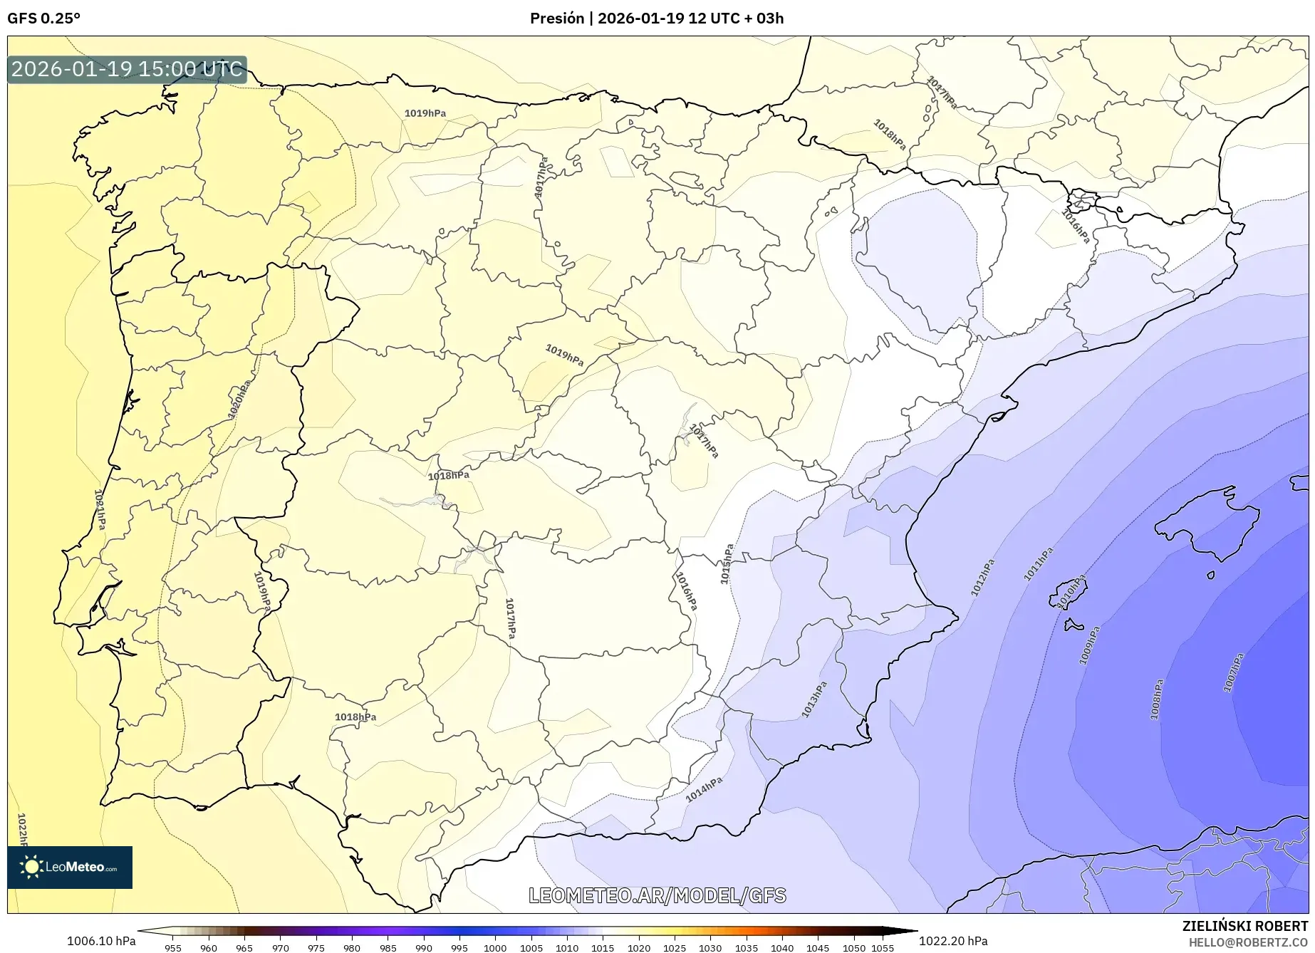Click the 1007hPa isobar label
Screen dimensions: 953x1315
pyautogui.click(x=1233, y=672)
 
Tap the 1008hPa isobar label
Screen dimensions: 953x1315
pyautogui.click(x=1156, y=699)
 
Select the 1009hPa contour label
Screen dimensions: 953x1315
pyautogui.click(x=1089, y=645)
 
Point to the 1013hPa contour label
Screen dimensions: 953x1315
pyautogui.click(x=814, y=699)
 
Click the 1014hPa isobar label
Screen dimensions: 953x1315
pyautogui.click(x=704, y=789)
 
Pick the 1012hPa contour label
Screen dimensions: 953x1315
pyautogui.click(x=982, y=578)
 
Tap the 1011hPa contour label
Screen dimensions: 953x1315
pyautogui.click(x=1038, y=564)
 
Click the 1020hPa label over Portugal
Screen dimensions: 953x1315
pyautogui.click(x=239, y=400)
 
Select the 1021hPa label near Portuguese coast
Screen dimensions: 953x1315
pyautogui.click(x=100, y=509)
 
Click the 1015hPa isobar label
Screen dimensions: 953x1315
pyautogui.click(x=727, y=565)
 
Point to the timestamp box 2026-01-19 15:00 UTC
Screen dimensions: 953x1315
pyautogui.click(x=127, y=69)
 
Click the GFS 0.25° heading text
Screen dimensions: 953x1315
pyautogui.click(x=43, y=19)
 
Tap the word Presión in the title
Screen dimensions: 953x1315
pyautogui.click(x=556, y=19)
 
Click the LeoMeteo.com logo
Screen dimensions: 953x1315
pyautogui.click(x=70, y=867)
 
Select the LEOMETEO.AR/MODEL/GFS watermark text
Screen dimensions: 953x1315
pyautogui.click(x=657, y=895)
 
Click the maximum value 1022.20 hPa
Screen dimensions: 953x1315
pyautogui.click(x=953, y=941)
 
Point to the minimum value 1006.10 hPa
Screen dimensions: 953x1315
pyautogui.click(x=101, y=941)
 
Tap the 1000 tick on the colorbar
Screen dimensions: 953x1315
pyautogui.click(x=495, y=948)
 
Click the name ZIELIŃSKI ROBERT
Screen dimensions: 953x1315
pyautogui.click(x=1245, y=926)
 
